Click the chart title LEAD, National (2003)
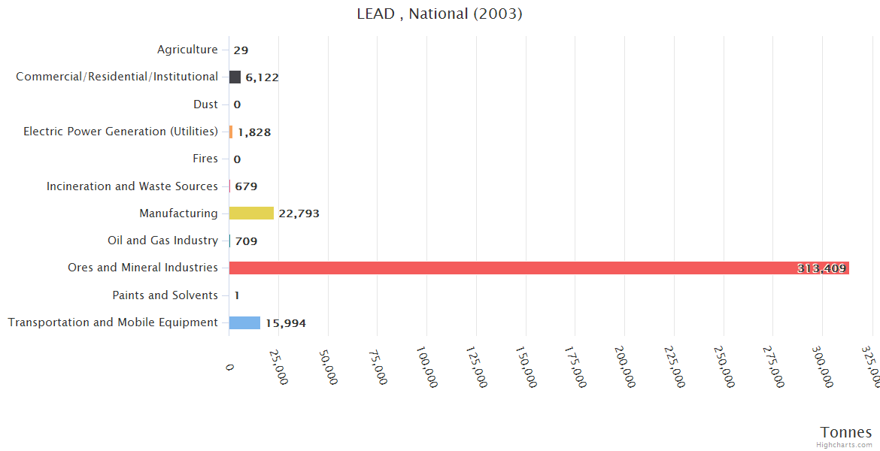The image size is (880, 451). (439, 14)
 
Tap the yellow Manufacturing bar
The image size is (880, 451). (251, 213)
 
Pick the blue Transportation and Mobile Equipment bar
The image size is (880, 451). (244, 322)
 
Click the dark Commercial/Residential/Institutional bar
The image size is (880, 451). (235, 77)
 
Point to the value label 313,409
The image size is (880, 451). (821, 268)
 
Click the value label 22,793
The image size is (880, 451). (299, 213)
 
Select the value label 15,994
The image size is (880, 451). (286, 323)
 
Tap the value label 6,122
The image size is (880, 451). (262, 77)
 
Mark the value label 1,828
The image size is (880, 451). (254, 132)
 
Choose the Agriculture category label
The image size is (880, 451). (187, 50)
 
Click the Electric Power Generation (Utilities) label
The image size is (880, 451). (120, 132)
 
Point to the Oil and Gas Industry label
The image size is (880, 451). (162, 241)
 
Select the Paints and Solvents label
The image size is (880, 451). (165, 295)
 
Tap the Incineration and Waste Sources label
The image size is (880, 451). (132, 186)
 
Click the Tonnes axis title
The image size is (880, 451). (845, 432)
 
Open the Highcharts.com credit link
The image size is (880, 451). (844, 445)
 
